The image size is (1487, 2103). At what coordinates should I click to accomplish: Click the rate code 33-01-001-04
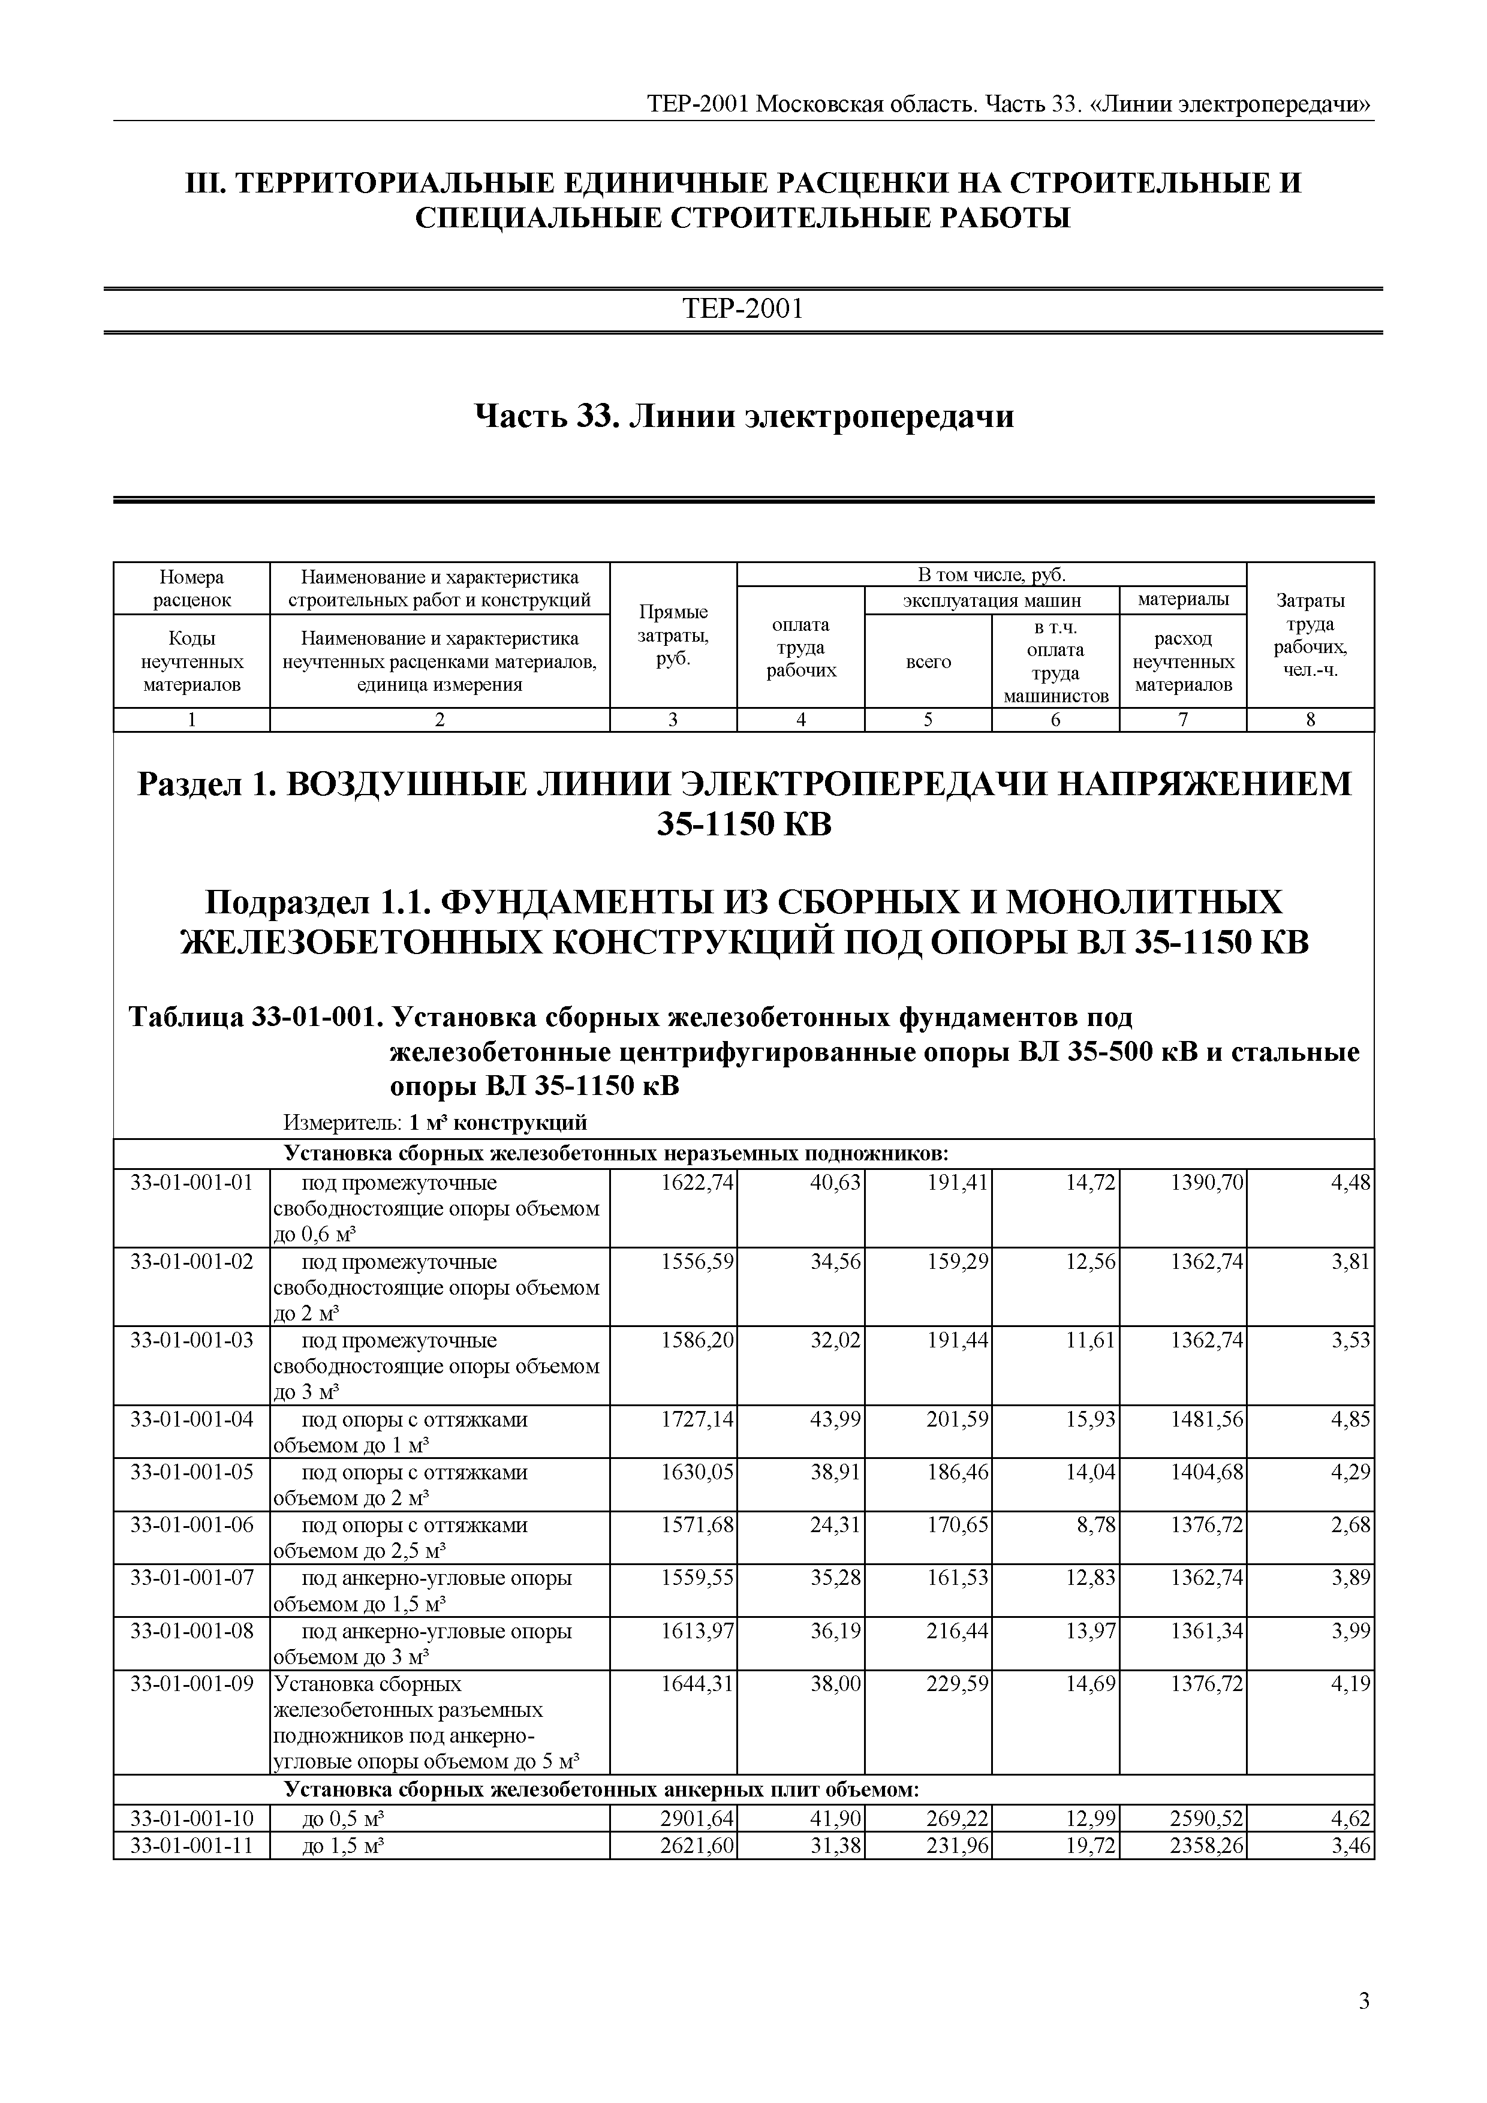coord(191,1420)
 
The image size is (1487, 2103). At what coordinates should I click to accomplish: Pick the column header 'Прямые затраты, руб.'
coord(673,636)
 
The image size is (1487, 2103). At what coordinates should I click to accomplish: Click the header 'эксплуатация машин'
coord(992,601)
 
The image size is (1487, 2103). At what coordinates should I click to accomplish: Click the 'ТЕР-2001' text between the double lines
coord(742,309)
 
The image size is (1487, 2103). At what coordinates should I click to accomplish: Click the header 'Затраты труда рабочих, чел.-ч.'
coord(1310,636)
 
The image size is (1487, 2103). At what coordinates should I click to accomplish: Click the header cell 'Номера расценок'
coord(191,588)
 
